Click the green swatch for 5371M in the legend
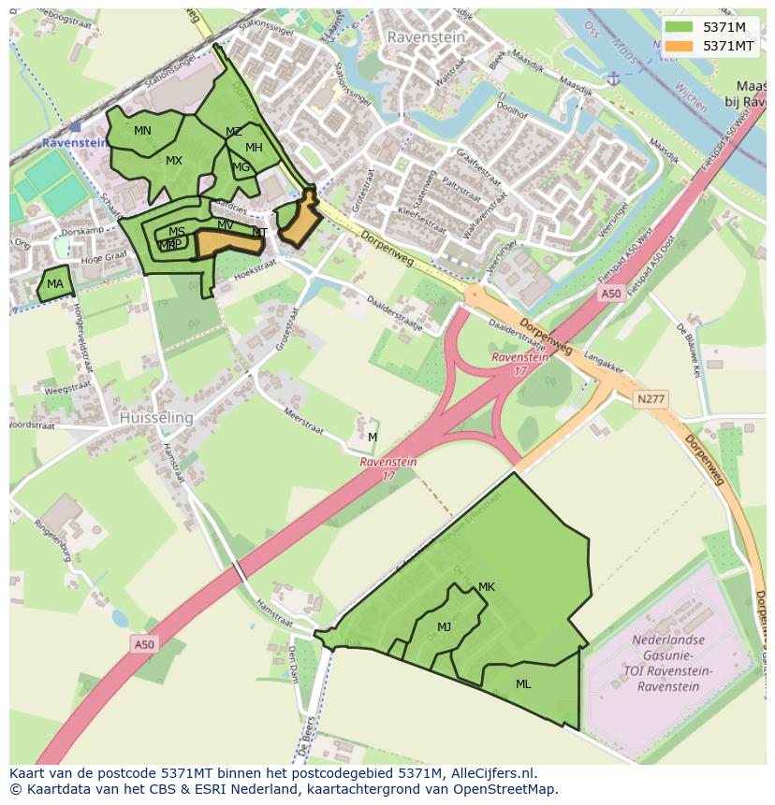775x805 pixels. click(x=680, y=27)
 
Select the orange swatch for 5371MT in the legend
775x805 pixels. click(x=680, y=45)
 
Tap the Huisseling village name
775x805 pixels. click(x=156, y=418)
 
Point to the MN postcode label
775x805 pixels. click(x=142, y=131)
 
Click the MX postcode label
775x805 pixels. click(x=174, y=161)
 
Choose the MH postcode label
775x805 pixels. click(x=254, y=148)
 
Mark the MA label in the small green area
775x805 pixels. click(x=55, y=284)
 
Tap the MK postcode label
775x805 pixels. click(x=486, y=587)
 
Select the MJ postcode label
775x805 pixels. click(x=444, y=627)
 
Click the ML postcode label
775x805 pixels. click(x=523, y=684)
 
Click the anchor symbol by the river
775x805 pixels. click(x=613, y=79)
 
